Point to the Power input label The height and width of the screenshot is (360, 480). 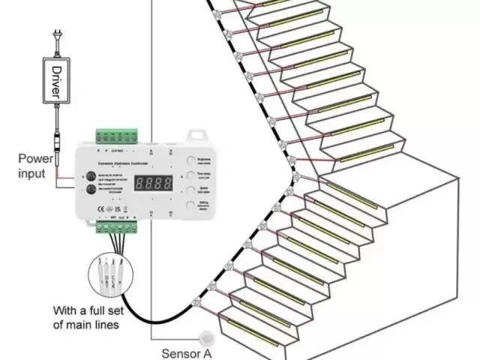pyautogui.click(x=37, y=166)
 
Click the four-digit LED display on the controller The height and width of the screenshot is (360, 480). pyautogui.click(x=153, y=182)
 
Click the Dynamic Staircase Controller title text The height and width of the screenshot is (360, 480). pyautogui.click(x=124, y=163)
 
